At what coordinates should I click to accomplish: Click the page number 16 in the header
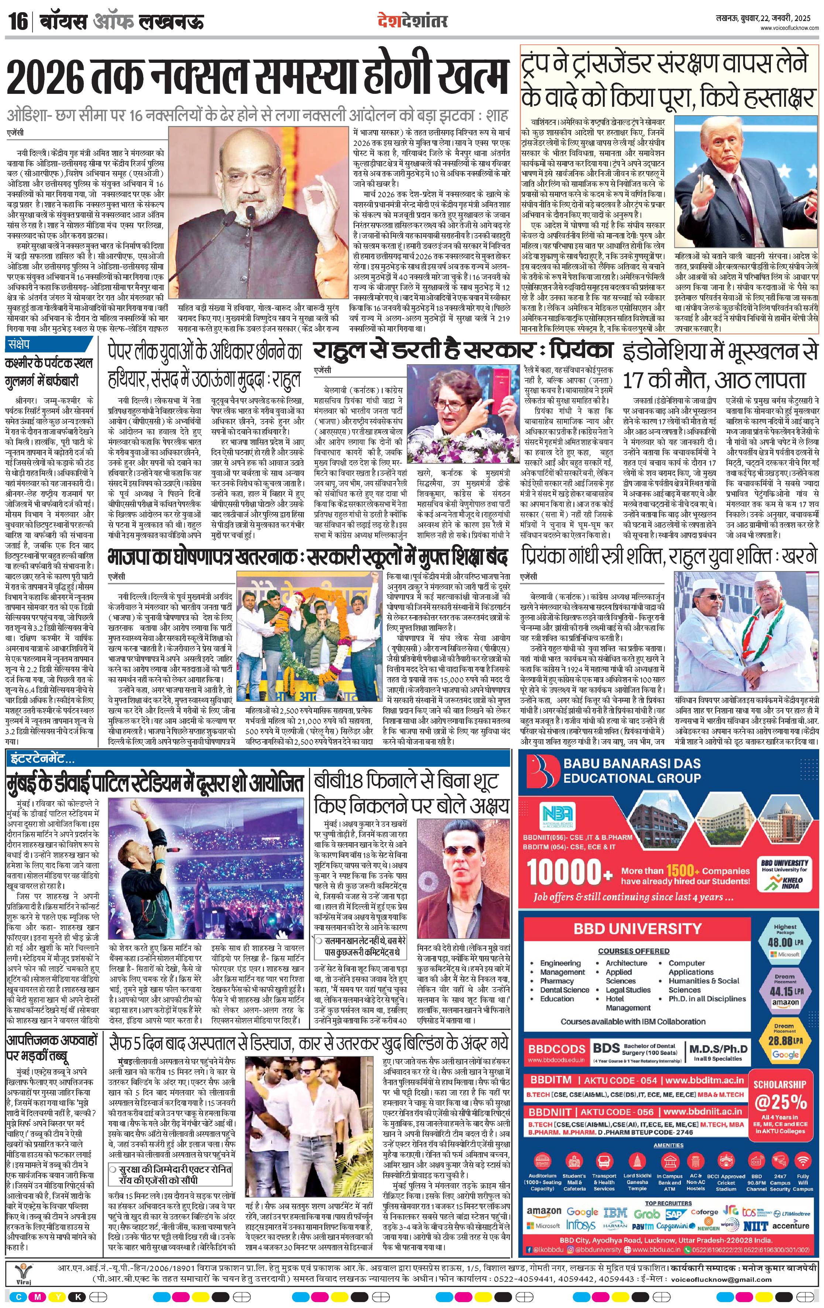coord(18,23)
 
